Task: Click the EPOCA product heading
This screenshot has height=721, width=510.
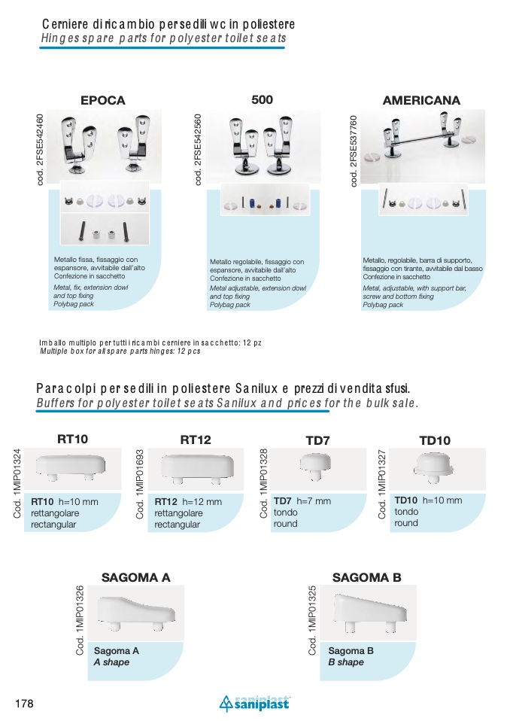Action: point(102,100)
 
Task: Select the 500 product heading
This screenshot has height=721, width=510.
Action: point(262,99)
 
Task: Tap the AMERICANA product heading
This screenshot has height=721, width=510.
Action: point(421,100)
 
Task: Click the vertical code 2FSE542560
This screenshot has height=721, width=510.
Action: point(199,150)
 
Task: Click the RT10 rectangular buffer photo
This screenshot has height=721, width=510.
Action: point(72,467)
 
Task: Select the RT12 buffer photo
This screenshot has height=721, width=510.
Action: point(195,467)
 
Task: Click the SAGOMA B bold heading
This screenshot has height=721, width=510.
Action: point(366,577)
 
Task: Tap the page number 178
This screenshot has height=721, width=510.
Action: point(24,704)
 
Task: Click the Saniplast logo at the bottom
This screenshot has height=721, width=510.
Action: point(253,704)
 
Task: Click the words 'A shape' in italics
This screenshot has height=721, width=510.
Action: point(111,662)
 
